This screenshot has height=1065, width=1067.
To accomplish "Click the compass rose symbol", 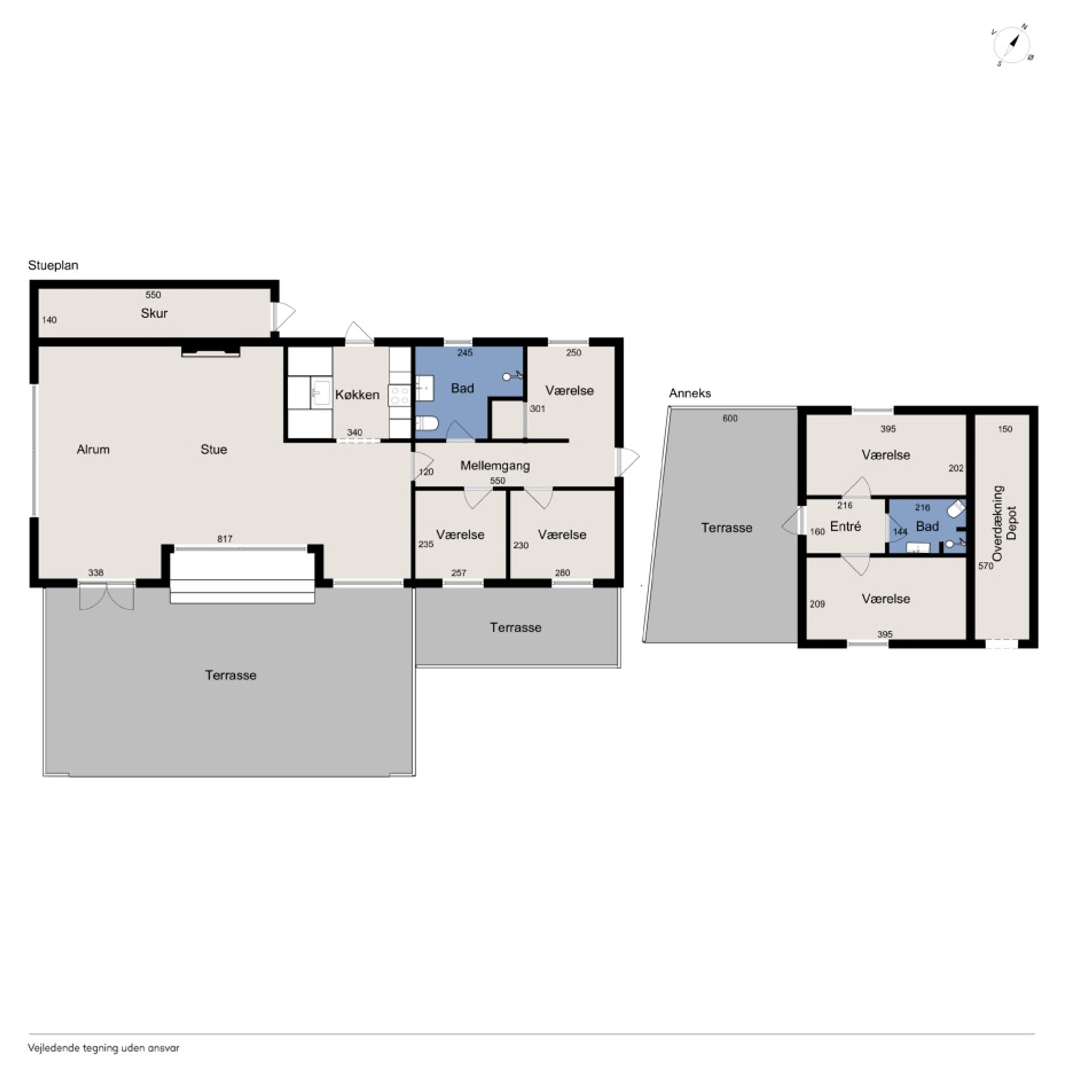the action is coord(1013,45).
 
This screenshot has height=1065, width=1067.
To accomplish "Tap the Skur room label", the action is coord(154,313).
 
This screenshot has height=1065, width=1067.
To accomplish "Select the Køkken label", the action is coord(357,395).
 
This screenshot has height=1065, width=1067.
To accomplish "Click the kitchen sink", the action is coord(321,392).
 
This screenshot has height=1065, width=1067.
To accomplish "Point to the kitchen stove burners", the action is coord(399,395).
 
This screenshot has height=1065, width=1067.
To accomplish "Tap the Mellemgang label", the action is coord(495,466).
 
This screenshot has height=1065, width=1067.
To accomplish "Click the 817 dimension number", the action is coord(225,539).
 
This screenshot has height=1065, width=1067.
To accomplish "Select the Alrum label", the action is coord(93,450).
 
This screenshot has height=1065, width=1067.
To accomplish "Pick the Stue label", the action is coord(214,450).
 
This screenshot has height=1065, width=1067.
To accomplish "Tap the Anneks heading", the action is coord(690,393).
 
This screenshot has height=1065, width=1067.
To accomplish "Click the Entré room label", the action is coord(845,526).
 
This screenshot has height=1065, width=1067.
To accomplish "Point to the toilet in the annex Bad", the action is coord(957,509).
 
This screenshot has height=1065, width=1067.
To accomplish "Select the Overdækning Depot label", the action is coord(1005,523).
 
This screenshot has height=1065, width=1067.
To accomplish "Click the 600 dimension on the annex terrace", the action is coord(730,418).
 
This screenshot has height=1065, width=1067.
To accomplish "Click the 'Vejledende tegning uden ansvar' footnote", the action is coord(103,1047).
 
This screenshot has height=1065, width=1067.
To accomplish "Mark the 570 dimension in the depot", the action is coord(986,566).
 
